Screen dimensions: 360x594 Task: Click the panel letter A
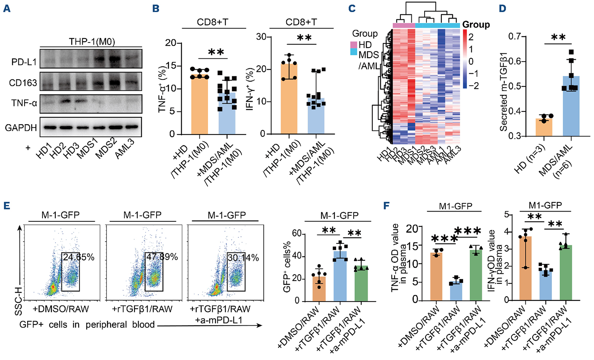(7, 8)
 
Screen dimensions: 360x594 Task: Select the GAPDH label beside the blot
(21, 127)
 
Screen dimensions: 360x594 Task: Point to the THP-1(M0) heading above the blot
(92, 41)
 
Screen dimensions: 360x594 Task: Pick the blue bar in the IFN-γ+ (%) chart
(316, 117)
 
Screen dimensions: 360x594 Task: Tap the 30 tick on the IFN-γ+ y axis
(261, 37)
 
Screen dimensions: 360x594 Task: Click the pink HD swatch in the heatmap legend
(354, 44)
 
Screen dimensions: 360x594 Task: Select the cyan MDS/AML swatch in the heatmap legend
(354, 52)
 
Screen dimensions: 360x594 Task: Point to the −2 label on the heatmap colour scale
(473, 86)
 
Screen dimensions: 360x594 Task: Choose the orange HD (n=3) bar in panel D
(544, 128)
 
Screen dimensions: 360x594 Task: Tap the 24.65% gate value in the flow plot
(79, 257)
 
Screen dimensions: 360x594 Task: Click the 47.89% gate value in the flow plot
(162, 257)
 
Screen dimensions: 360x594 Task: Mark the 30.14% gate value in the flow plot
(243, 258)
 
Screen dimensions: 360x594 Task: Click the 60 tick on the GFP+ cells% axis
(296, 234)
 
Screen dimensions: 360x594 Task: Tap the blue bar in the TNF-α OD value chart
(455, 291)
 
